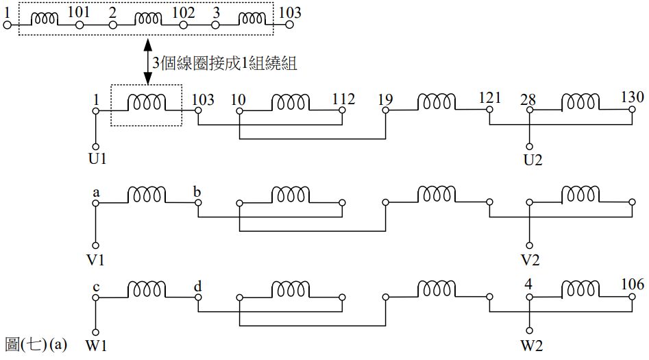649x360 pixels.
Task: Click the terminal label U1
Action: click(96, 160)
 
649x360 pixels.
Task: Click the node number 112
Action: click(343, 99)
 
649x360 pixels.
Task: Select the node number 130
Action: click(632, 97)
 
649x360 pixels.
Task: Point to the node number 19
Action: click(385, 99)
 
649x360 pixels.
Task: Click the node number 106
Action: click(632, 285)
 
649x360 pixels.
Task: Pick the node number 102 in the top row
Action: click(183, 12)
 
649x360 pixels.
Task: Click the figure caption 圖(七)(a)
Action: click(36, 344)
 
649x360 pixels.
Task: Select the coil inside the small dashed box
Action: click(146, 103)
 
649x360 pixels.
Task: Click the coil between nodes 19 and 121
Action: click(436, 102)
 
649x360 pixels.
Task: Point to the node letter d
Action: click(197, 286)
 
